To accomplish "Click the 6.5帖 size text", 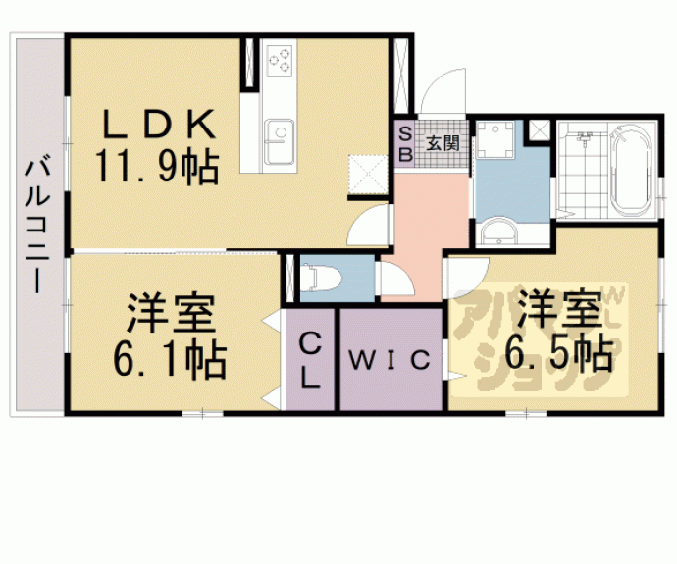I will [x=557, y=350].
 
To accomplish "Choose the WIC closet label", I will [x=391, y=360].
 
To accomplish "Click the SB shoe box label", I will [x=404, y=144].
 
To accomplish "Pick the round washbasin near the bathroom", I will [x=497, y=231].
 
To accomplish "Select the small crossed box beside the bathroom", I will [x=539, y=129].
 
